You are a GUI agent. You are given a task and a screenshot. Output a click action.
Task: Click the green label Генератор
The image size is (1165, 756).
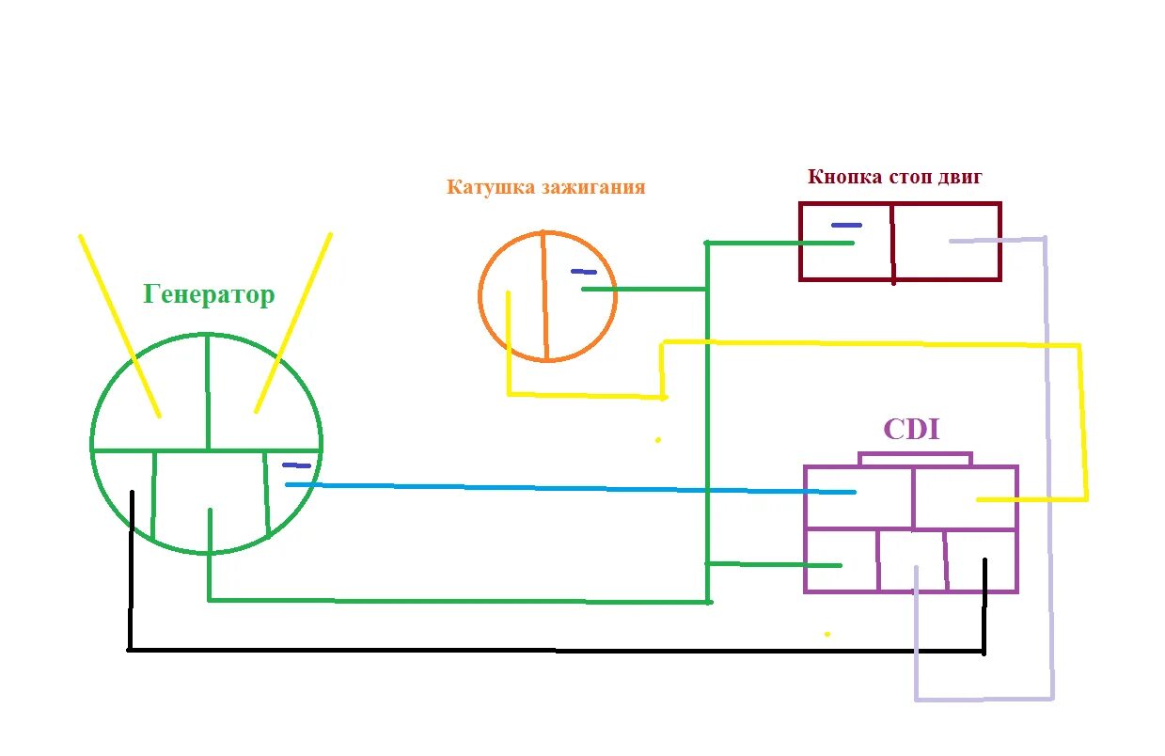point(209,295)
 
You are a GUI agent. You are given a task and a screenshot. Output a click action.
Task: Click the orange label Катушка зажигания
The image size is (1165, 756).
point(545,187)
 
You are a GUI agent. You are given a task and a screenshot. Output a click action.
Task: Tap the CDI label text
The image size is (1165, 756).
point(911,430)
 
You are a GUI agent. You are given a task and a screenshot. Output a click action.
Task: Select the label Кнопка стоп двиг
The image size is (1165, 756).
point(894,177)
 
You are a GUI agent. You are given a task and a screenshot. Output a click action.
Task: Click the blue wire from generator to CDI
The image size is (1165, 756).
point(564,488)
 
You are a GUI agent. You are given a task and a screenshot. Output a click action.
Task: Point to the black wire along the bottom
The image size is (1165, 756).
point(555,650)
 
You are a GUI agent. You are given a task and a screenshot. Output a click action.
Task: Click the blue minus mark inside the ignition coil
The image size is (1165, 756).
point(583,272)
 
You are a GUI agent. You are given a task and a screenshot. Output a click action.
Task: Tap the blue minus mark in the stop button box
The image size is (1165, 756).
point(845,226)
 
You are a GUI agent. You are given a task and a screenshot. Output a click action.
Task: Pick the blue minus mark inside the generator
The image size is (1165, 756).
point(296,465)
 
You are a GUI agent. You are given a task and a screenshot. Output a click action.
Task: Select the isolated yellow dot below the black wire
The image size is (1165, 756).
point(827,634)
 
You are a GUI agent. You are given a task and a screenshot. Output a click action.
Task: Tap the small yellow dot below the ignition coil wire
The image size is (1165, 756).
point(658,439)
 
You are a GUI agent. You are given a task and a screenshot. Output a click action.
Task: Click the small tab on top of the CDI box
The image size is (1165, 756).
point(915,460)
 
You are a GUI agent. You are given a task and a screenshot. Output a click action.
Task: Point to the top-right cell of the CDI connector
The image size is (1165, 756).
point(964,496)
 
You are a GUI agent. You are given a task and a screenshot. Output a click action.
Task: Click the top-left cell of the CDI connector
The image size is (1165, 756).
point(858,496)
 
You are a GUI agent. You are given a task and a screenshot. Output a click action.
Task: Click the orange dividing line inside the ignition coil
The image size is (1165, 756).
point(544,296)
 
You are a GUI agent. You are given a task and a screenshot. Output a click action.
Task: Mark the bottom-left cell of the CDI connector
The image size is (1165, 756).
point(842,560)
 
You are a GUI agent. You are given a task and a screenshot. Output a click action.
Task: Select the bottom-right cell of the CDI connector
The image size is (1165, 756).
point(981,560)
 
